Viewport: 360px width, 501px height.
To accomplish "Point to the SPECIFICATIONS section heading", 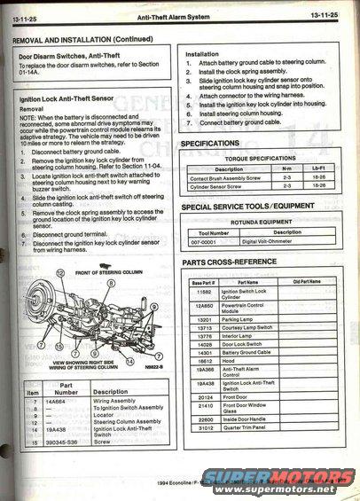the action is [217, 144].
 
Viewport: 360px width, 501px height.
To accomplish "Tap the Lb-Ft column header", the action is [318, 168].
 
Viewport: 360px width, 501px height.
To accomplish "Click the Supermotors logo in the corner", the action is [276, 481].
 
